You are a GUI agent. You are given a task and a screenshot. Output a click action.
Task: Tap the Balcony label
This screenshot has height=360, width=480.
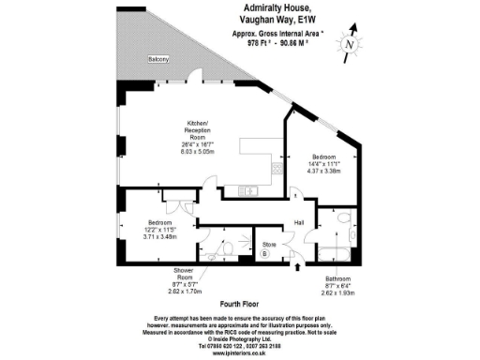(x=157, y=59)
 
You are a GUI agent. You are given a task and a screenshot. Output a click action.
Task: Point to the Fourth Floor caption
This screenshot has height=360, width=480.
(x=239, y=303)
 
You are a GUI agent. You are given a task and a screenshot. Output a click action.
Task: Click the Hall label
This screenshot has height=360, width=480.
(x=300, y=221)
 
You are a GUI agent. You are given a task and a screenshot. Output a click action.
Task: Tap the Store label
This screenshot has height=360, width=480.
(x=266, y=244)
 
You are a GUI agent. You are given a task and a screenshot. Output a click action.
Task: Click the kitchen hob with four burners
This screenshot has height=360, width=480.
(x=277, y=168)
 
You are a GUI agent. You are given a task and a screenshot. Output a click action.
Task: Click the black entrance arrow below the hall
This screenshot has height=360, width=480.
(x=298, y=267)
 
